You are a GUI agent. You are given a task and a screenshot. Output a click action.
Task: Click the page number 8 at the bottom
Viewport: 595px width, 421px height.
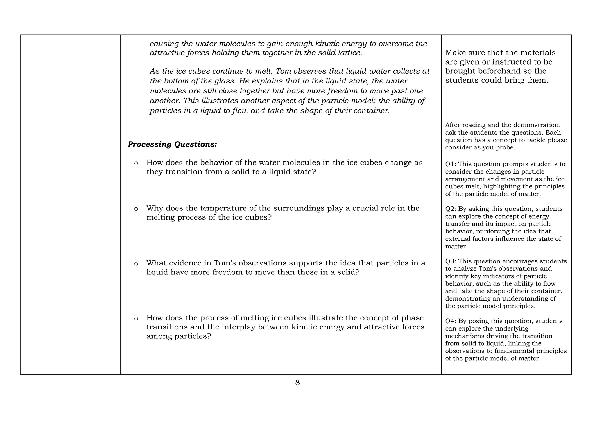tap(297, 383)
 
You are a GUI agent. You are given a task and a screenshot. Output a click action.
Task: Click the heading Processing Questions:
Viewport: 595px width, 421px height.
tap(172, 144)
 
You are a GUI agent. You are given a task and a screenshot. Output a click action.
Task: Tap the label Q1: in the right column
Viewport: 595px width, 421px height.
tap(450, 164)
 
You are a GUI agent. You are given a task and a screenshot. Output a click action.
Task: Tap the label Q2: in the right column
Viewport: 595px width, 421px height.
tap(450, 209)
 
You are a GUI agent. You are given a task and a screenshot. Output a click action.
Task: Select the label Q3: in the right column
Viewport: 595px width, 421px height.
tap(450, 261)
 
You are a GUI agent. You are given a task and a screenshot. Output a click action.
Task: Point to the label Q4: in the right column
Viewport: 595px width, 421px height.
tap(450, 321)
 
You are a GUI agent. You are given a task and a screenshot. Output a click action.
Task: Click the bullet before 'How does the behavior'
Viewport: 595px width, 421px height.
tap(136, 163)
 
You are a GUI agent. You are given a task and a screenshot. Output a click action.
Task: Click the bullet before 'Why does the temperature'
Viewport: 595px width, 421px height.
tap(136, 209)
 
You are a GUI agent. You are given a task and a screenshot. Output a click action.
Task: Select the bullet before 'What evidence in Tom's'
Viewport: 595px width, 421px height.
tap(136, 264)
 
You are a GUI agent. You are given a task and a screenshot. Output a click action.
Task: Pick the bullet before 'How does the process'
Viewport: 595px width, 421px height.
tap(136, 319)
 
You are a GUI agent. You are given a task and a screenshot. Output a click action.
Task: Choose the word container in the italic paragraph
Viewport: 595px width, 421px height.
tap(372, 111)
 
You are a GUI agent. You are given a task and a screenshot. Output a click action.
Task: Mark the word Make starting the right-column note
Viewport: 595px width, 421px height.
tap(454, 53)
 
